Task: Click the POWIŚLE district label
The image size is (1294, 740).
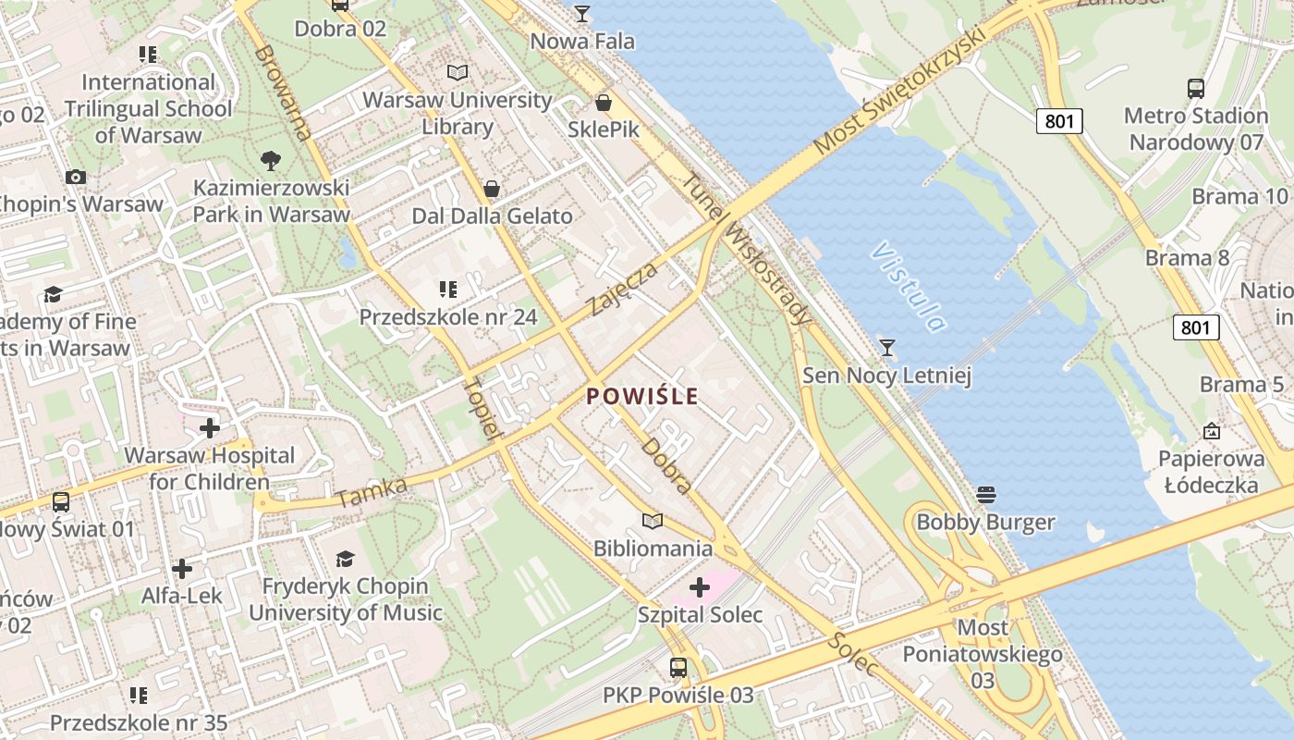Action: pyautogui.click(x=642, y=397)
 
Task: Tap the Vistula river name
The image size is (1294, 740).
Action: pyautogui.click(x=907, y=287)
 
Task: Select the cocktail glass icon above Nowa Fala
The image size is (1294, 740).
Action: pyautogui.click(x=581, y=14)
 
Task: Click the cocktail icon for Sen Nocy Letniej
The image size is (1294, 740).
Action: pyautogui.click(x=887, y=348)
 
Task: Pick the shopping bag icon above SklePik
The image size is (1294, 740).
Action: pyautogui.click(x=604, y=102)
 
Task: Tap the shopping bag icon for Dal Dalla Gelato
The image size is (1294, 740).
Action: pyautogui.click(x=492, y=189)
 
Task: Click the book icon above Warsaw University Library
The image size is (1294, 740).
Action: pyautogui.click(x=457, y=72)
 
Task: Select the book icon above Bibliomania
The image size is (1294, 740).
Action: pyautogui.click(x=653, y=521)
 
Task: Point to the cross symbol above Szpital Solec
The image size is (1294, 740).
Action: pyautogui.click(x=700, y=587)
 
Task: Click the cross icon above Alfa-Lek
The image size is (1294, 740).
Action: pyautogui.click(x=182, y=568)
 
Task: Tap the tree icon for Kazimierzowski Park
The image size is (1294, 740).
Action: pyautogui.click(x=271, y=161)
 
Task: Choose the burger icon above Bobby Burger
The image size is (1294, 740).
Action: pyautogui.click(x=985, y=495)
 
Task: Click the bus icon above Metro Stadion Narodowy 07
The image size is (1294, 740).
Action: pyautogui.click(x=1196, y=89)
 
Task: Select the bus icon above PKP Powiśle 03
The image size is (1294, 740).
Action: pyautogui.click(x=678, y=668)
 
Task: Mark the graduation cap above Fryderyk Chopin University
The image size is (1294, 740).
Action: pyautogui.click(x=345, y=559)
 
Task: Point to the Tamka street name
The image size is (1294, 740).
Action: pyautogui.click(x=372, y=493)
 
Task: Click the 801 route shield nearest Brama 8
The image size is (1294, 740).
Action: pyautogui.click(x=1196, y=327)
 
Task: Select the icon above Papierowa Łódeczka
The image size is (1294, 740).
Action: pyautogui.click(x=1212, y=431)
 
